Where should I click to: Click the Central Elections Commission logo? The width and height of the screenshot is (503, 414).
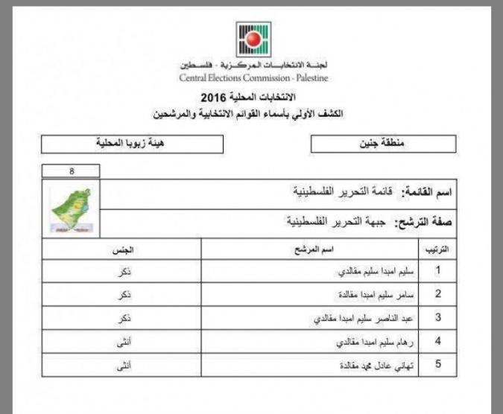click(x=253, y=39)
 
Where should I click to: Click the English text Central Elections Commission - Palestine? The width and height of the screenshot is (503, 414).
click(x=253, y=77)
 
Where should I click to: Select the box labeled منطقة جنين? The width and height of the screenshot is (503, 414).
click(x=382, y=143)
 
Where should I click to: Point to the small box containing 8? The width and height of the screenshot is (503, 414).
click(x=71, y=171)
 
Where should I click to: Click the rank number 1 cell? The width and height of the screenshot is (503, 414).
click(x=438, y=271)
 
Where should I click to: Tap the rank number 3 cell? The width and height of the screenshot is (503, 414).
click(x=438, y=318)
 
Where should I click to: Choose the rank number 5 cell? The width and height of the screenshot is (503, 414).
click(x=438, y=365)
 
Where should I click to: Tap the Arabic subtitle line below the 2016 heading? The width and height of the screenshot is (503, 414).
click(x=253, y=115)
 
